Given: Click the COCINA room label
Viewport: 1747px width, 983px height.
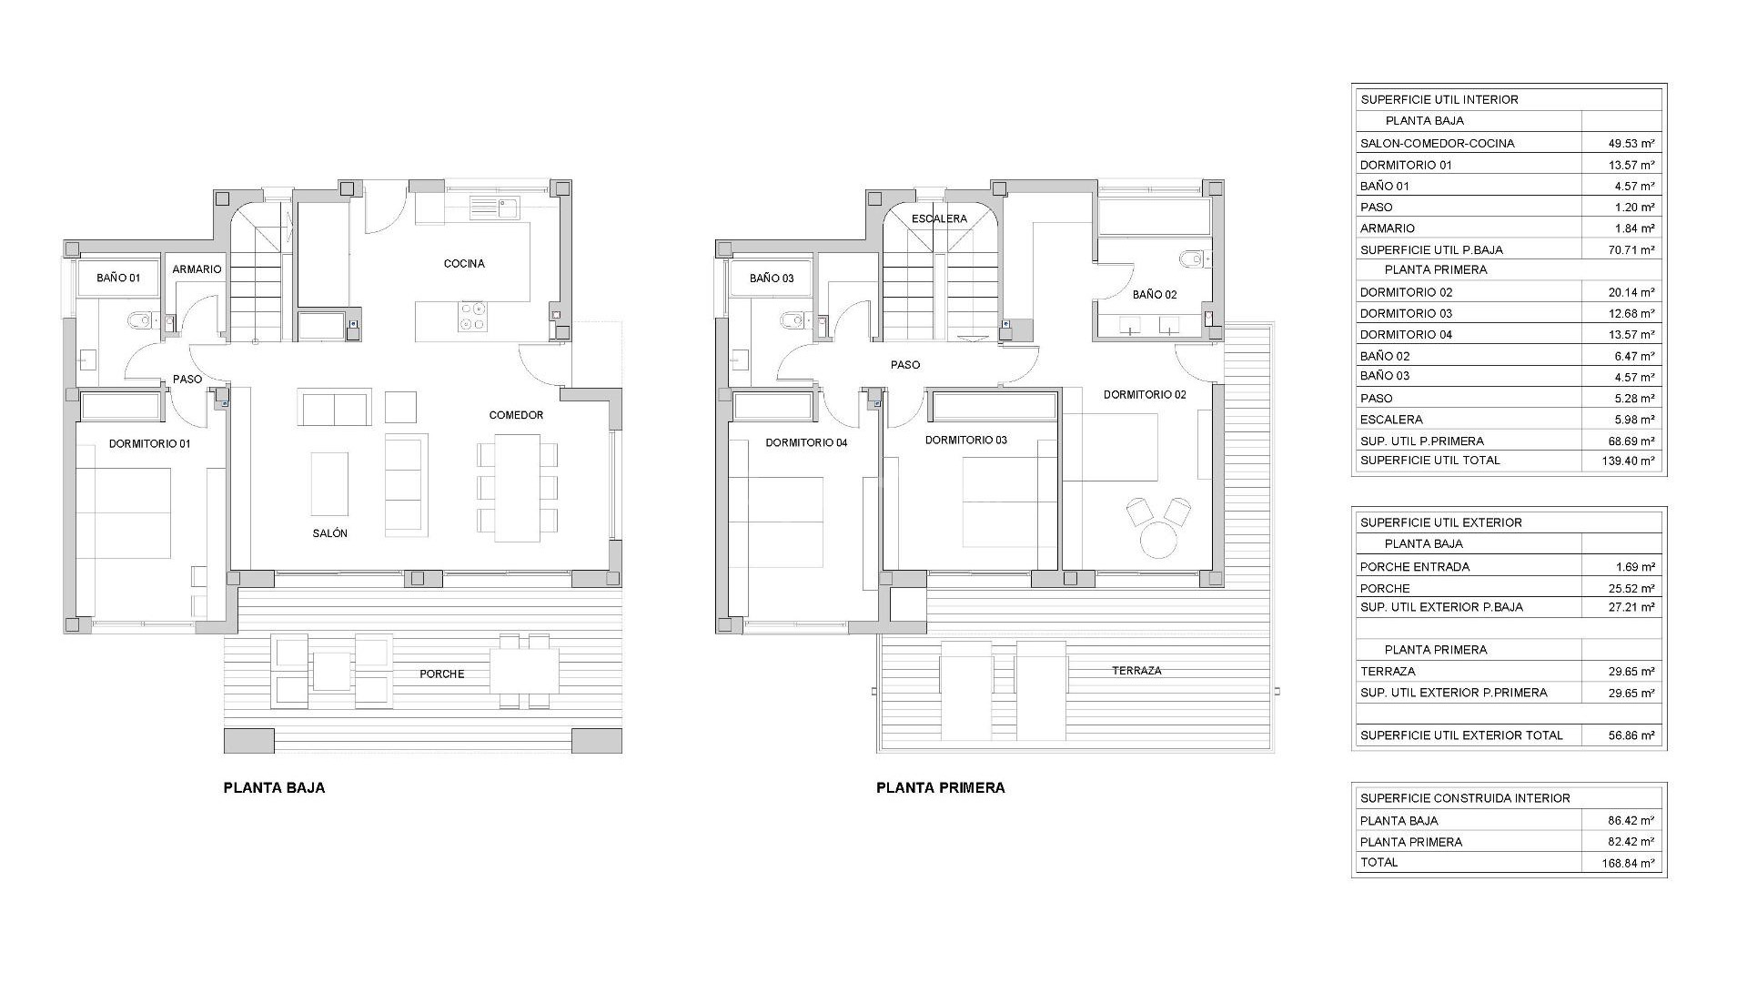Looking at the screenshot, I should click(x=464, y=264).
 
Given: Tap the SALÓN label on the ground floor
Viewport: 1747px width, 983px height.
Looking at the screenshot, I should click(x=330, y=533).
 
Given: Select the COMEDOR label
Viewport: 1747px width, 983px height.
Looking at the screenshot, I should click(x=516, y=415).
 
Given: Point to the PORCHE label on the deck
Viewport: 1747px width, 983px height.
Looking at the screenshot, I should click(x=442, y=674).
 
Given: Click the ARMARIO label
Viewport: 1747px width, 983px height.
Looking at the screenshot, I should click(x=197, y=269).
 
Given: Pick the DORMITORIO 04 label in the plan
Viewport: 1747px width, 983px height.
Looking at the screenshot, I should click(x=806, y=443).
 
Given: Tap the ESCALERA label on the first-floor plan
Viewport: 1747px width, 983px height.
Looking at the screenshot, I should click(x=939, y=219).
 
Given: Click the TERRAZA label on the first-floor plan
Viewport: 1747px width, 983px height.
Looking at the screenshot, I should click(x=1136, y=671).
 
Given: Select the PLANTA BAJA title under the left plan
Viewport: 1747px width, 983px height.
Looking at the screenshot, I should click(x=274, y=788).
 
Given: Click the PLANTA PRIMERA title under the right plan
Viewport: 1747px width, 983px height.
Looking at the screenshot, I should click(x=940, y=788).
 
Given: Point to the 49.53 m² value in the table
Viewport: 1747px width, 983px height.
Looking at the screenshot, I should click(x=1631, y=144).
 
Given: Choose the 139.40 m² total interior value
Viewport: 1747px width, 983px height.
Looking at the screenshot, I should click(x=1628, y=461).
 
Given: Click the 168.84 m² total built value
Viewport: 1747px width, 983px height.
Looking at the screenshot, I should click(x=1628, y=864).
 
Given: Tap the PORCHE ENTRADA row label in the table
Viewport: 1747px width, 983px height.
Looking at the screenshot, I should click(x=1414, y=567).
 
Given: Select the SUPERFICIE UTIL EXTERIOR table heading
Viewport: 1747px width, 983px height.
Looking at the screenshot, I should click(x=1440, y=522).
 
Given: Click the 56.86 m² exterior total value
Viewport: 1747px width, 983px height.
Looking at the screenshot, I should click(x=1631, y=735).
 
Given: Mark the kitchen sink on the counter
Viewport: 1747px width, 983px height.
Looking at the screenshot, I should click(x=494, y=208).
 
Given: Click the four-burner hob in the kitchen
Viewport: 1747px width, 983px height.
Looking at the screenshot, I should click(x=473, y=316).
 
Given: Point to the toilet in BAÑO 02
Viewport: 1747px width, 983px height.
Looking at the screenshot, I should click(x=1192, y=260).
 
